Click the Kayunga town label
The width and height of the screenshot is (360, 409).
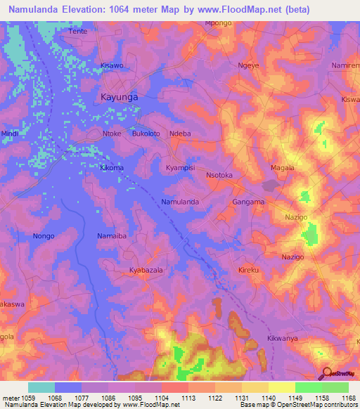[x=119, y=97]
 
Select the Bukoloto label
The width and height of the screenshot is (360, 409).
[x=146, y=133]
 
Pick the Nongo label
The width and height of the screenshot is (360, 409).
[x=44, y=236]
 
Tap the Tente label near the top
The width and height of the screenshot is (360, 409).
[x=78, y=32]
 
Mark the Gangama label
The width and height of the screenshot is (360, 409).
[x=248, y=202]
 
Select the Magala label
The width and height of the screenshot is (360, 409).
[x=283, y=168]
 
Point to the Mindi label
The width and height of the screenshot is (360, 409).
[x=10, y=133]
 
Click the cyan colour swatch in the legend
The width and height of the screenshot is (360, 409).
[x=41, y=387]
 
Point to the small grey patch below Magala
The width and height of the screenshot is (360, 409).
[x=270, y=186]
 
